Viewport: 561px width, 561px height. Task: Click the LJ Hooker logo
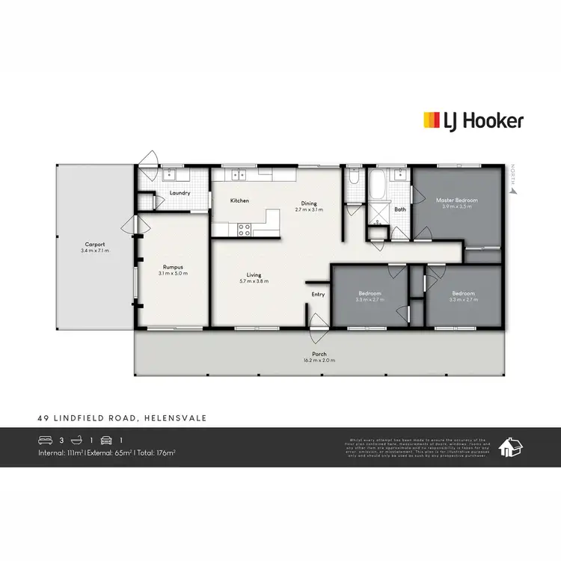pos(473,120)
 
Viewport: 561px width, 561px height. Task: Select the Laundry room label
pos(180,193)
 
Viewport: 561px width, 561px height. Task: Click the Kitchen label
pos(239,200)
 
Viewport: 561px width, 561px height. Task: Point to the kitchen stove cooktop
pos(243,229)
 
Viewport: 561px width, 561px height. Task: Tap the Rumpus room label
pos(173,267)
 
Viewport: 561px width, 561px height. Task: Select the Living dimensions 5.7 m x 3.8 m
pos(254,281)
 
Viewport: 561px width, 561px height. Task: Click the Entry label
pos(319,294)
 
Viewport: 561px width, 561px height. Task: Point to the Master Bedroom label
pos(456,200)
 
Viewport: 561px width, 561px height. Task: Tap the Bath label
pos(400,209)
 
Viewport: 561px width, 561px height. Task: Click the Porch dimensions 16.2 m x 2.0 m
pos(319,361)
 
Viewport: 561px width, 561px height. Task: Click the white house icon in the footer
pos(511,447)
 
